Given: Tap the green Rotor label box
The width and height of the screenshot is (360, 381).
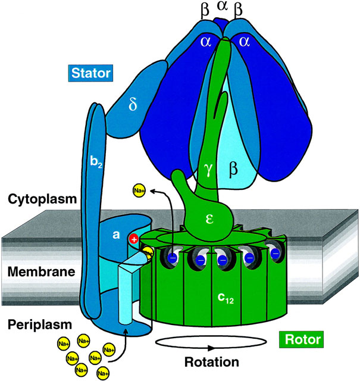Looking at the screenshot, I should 300,340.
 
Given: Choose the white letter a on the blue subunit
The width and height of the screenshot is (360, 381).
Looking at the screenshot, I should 117,235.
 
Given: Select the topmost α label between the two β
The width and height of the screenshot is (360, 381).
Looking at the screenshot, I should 223,7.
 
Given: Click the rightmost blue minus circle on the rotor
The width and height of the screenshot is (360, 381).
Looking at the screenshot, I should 276,254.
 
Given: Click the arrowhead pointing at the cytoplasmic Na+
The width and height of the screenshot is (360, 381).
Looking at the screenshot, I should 154,192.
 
